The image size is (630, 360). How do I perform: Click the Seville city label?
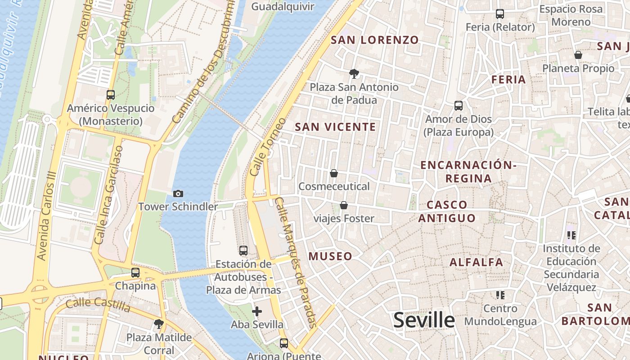point(424,320)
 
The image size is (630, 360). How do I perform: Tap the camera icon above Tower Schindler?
point(178,193)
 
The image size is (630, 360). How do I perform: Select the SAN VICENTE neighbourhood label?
point(335,127)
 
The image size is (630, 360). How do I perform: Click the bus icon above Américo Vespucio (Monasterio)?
point(111,95)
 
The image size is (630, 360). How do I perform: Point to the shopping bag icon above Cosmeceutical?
point(334,173)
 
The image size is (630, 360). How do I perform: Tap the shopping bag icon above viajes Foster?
point(344,206)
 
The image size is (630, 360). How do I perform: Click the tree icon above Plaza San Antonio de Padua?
point(354,73)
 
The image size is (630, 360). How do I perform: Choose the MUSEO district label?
point(330,256)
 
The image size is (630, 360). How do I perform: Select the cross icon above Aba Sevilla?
point(257,311)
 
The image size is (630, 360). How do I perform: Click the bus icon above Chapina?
point(135,273)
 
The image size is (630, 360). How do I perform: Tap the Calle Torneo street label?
point(267,147)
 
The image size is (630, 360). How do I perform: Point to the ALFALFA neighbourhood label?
point(476,262)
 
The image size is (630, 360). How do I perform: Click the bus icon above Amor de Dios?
point(459,106)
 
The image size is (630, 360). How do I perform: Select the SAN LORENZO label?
point(375,40)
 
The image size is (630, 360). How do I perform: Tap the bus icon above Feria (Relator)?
point(500,14)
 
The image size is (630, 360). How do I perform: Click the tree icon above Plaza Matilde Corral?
point(158,324)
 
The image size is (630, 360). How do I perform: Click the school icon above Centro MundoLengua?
point(500,295)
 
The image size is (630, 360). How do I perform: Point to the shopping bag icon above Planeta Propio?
point(578,55)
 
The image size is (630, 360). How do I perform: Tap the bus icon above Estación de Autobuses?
point(243,251)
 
